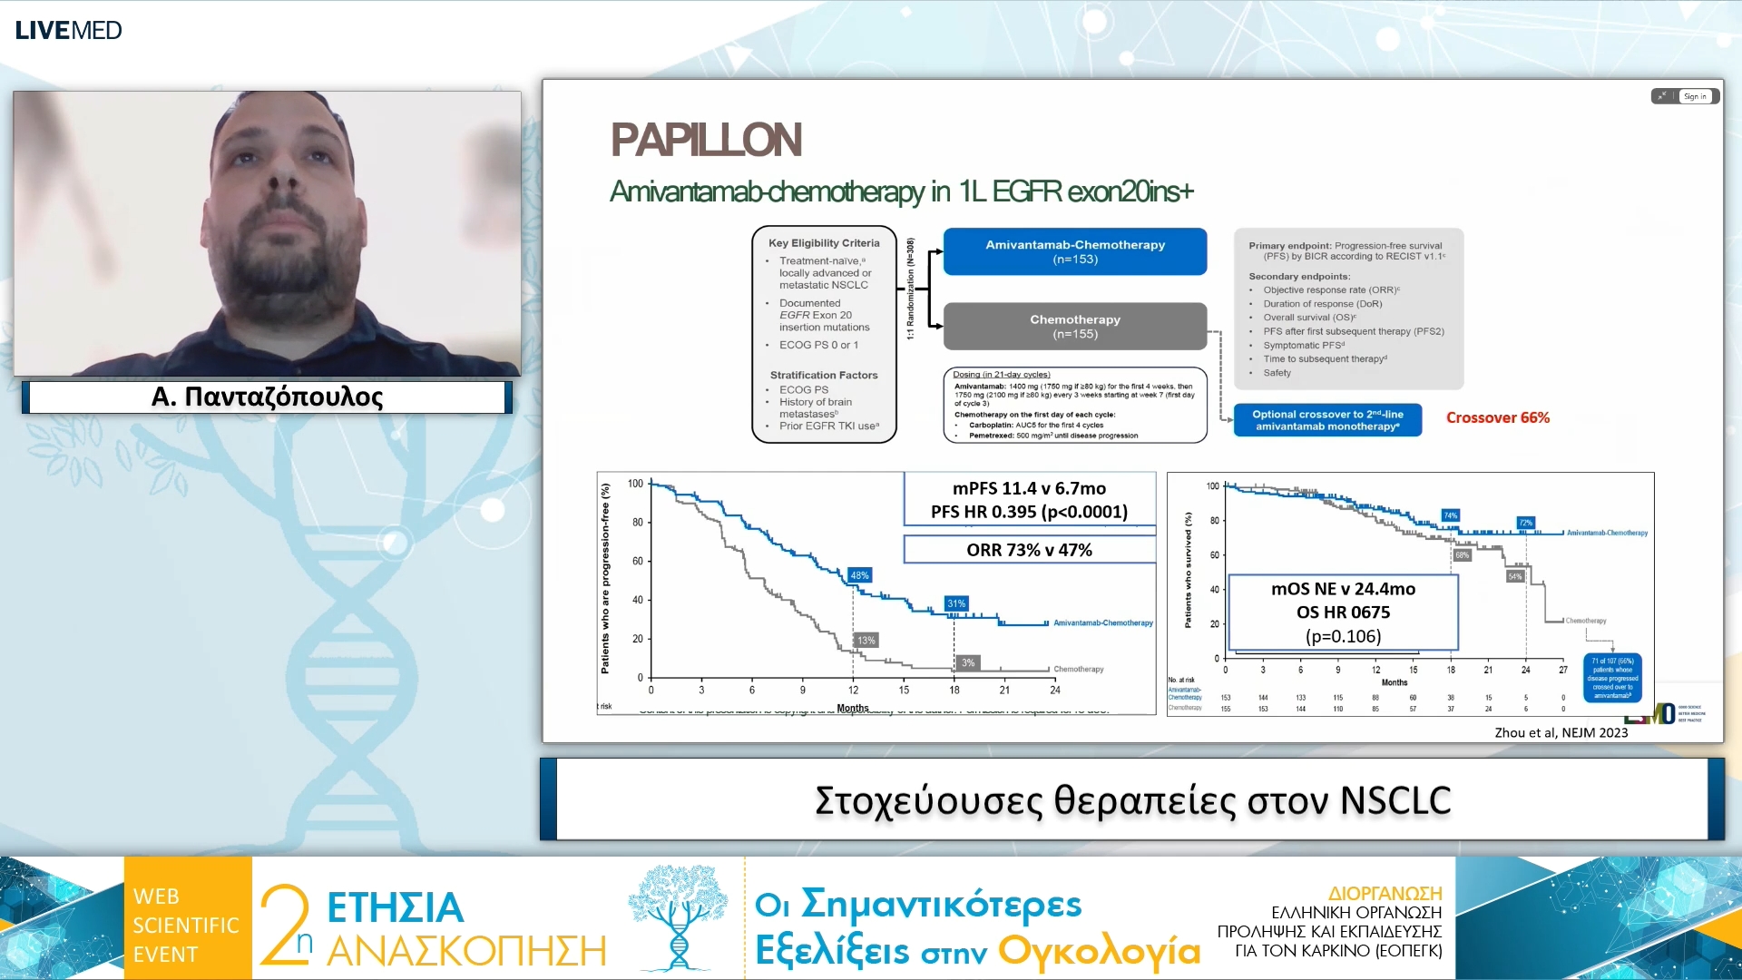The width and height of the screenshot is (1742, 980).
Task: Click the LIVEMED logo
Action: pos(68,30)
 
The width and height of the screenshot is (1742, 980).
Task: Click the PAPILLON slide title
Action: pos(706,140)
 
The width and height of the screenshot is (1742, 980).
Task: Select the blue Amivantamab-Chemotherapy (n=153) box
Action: pos(1075,251)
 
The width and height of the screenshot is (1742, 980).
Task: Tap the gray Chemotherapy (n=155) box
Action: pos(1075,327)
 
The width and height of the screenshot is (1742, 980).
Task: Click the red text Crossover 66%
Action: pos(1497,417)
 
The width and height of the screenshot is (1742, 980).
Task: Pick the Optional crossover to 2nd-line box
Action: pos(1327,420)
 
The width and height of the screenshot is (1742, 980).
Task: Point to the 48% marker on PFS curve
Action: pos(859,575)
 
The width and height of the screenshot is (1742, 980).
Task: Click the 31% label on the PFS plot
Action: pos(956,603)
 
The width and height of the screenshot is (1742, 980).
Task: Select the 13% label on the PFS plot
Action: pos(866,641)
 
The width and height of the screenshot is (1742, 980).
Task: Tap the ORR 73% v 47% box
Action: pos(1029,550)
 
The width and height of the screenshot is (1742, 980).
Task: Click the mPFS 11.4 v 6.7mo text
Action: pos(1029,488)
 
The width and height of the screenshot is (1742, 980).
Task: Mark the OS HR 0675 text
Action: pos(1343,612)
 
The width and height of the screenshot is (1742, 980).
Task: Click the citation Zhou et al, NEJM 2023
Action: pos(1561,732)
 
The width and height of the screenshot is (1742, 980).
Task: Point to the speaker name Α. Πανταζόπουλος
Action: pos(267,397)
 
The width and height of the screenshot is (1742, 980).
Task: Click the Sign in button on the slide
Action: pos(1695,96)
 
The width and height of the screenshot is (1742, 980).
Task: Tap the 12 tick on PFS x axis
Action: pos(853,690)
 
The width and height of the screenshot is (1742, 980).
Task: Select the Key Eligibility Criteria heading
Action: pos(824,243)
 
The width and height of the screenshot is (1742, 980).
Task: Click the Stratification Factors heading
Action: pos(824,375)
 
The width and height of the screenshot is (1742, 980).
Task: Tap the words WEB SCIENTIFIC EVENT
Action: pos(186,925)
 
